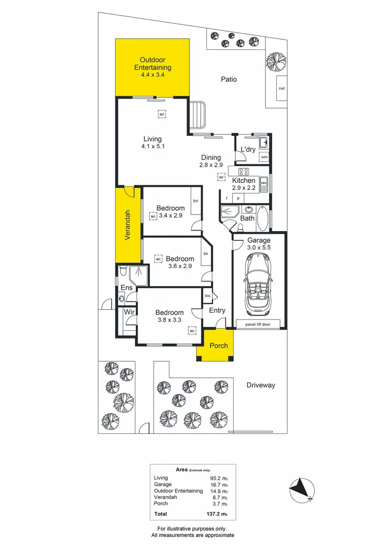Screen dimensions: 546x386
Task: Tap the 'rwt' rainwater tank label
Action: click(x=282, y=88)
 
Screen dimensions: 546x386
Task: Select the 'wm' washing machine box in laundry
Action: click(x=264, y=157)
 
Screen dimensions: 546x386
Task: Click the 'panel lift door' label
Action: click(x=257, y=325)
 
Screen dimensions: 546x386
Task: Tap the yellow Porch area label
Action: click(x=218, y=345)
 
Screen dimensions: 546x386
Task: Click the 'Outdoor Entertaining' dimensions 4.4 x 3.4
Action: click(x=152, y=75)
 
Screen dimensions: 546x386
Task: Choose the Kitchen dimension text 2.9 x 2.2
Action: click(x=243, y=188)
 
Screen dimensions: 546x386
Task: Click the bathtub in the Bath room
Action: click(x=262, y=218)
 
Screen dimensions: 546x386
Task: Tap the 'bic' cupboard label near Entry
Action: click(x=208, y=296)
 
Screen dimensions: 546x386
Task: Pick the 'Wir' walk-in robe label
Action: click(x=128, y=312)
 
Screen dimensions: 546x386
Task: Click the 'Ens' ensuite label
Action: click(x=127, y=288)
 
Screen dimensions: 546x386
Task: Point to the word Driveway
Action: click(x=261, y=385)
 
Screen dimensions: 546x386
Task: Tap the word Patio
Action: click(x=229, y=79)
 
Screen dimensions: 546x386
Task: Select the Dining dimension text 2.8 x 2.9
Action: click(x=210, y=165)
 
